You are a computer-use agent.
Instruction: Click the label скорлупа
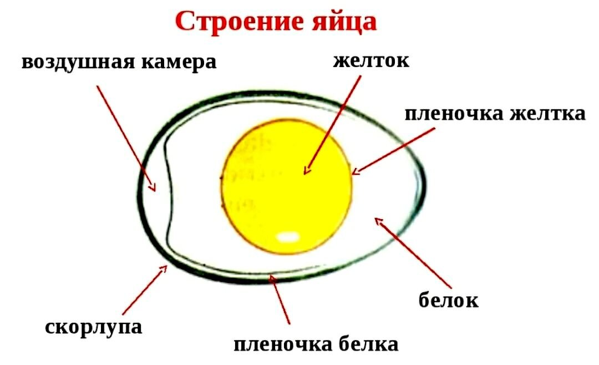point(93,327)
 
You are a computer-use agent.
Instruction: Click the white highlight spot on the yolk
point(287,237)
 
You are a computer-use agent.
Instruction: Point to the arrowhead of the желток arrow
point(306,173)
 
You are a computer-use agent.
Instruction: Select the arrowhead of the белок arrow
point(378,220)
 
